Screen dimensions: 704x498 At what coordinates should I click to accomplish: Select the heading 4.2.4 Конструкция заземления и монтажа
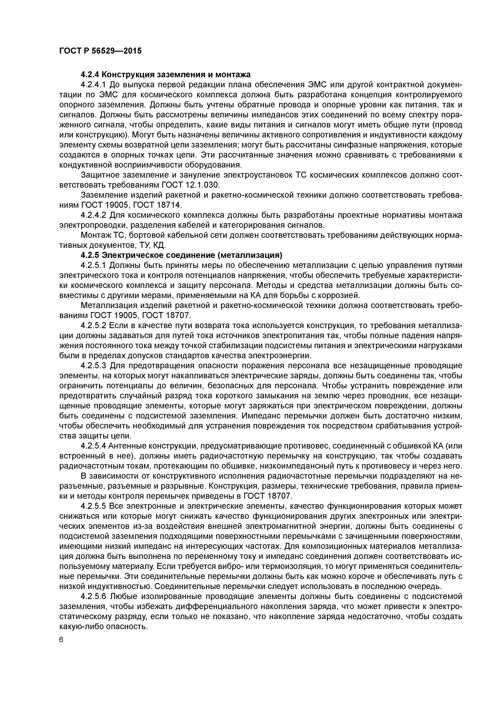click(x=165, y=74)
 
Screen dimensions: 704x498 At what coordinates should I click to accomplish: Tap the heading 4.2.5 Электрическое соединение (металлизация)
click(x=181, y=255)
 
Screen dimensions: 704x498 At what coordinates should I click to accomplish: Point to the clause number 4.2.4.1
click(x=94, y=85)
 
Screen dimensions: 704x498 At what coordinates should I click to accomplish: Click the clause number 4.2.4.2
click(x=94, y=215)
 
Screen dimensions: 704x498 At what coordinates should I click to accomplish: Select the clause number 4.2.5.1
click(x=94, y=265)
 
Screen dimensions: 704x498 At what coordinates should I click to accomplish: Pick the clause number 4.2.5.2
click(x=94, y=325)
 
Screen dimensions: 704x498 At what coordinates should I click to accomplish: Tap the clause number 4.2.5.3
click(x=94, y=365)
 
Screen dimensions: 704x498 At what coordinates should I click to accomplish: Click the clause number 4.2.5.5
click(x=94, y=506)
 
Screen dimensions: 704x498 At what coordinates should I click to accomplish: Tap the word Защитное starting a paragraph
click(x=99, y=175)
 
